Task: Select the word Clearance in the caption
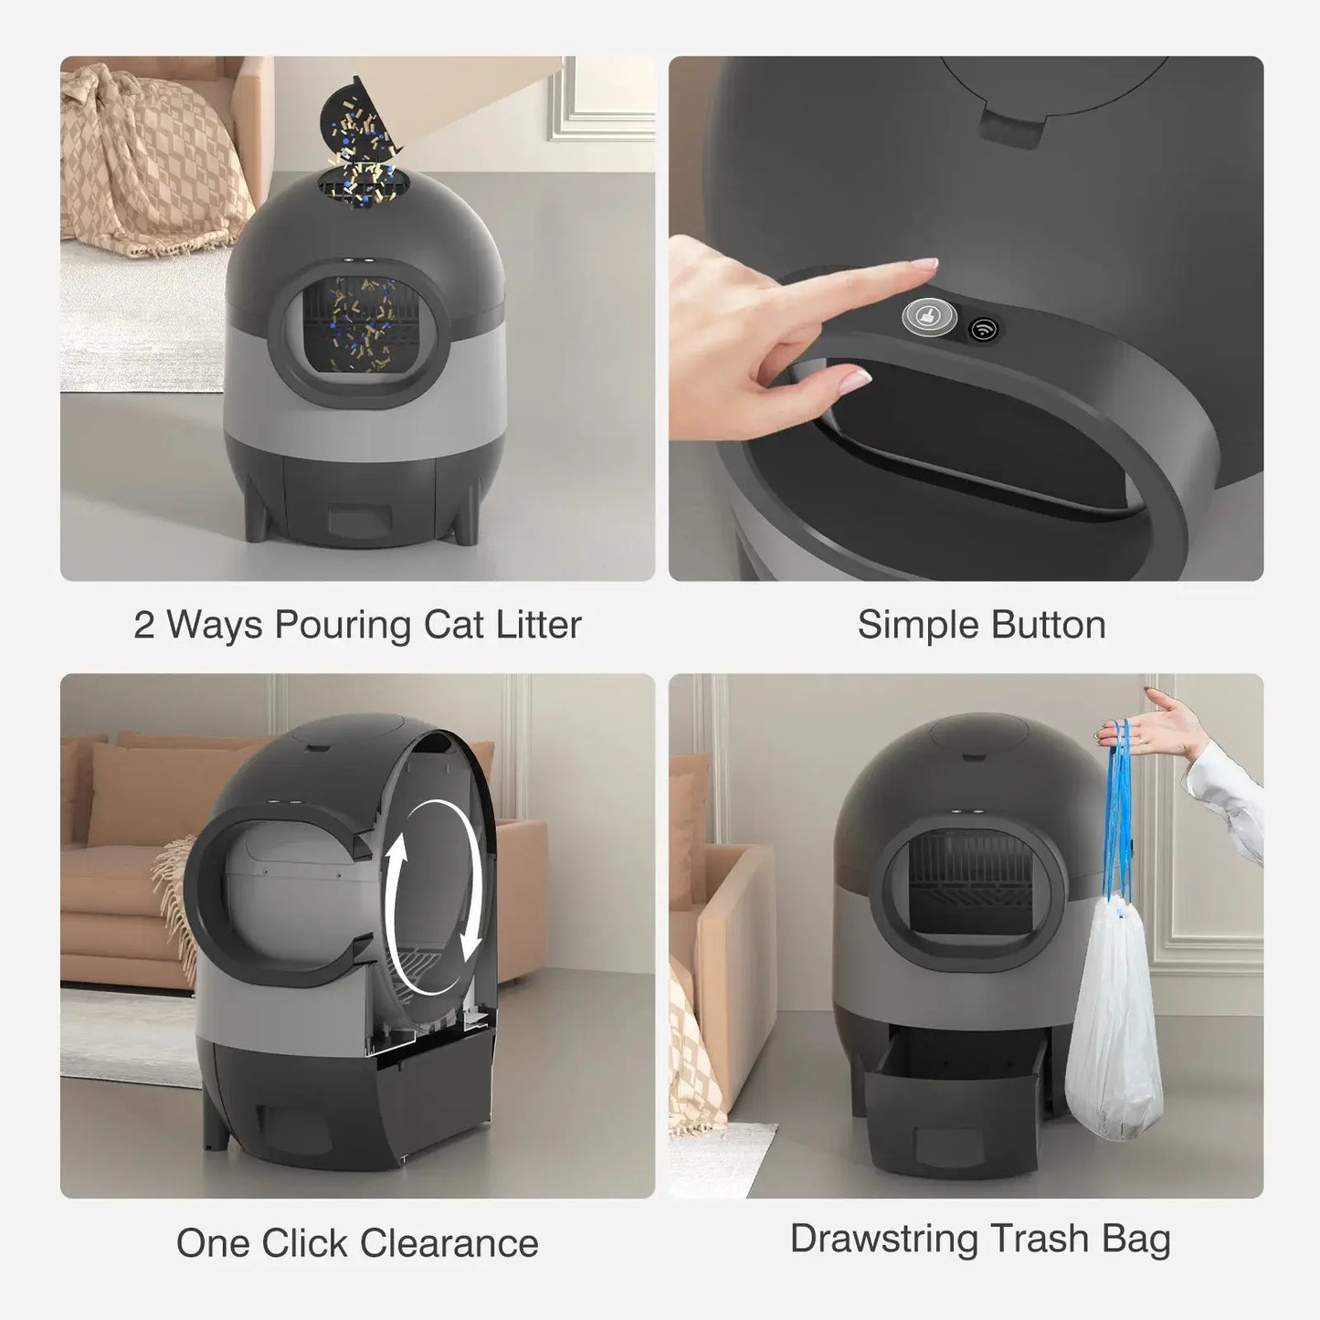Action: [x=449, y=1243]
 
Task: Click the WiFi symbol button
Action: [x=984, y=328]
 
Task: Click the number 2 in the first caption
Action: [x=144, y=626]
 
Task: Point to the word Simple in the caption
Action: [x=916, y=626]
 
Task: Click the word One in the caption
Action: [x=212, y=1243]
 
